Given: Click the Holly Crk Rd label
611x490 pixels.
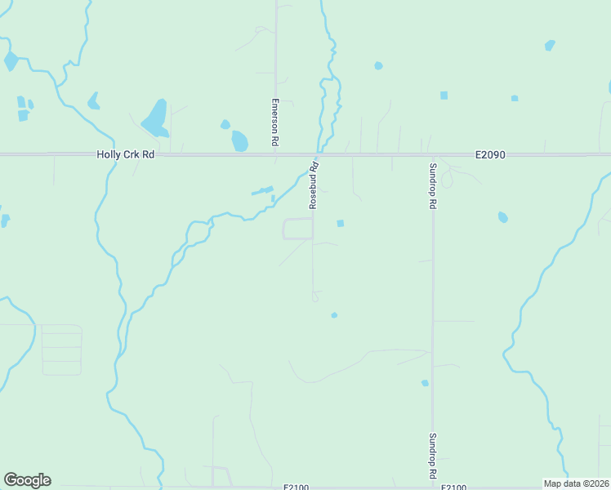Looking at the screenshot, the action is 126,154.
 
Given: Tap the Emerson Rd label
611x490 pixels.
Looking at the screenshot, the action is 275,122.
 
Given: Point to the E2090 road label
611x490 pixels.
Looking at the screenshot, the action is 493,154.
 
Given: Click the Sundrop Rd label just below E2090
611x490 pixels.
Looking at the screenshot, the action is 433,186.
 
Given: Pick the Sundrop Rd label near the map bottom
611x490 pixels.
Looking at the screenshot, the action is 433,456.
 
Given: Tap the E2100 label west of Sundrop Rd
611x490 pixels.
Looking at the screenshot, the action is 296,487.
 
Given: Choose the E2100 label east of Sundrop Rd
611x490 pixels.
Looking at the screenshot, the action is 454,487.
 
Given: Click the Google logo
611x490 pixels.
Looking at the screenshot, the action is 27,480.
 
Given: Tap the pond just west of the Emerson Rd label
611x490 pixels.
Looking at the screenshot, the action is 239,140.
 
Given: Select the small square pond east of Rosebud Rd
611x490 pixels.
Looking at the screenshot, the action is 341,223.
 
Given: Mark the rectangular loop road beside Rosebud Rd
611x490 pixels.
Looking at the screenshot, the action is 298,229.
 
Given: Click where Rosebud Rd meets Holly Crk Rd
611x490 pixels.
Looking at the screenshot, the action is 314,154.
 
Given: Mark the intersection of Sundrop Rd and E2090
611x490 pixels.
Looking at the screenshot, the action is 432,154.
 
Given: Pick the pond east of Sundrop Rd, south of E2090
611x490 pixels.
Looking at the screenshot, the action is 502,217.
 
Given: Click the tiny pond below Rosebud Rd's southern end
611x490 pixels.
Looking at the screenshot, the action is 334,314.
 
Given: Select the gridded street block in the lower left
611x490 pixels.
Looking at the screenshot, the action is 61,350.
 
